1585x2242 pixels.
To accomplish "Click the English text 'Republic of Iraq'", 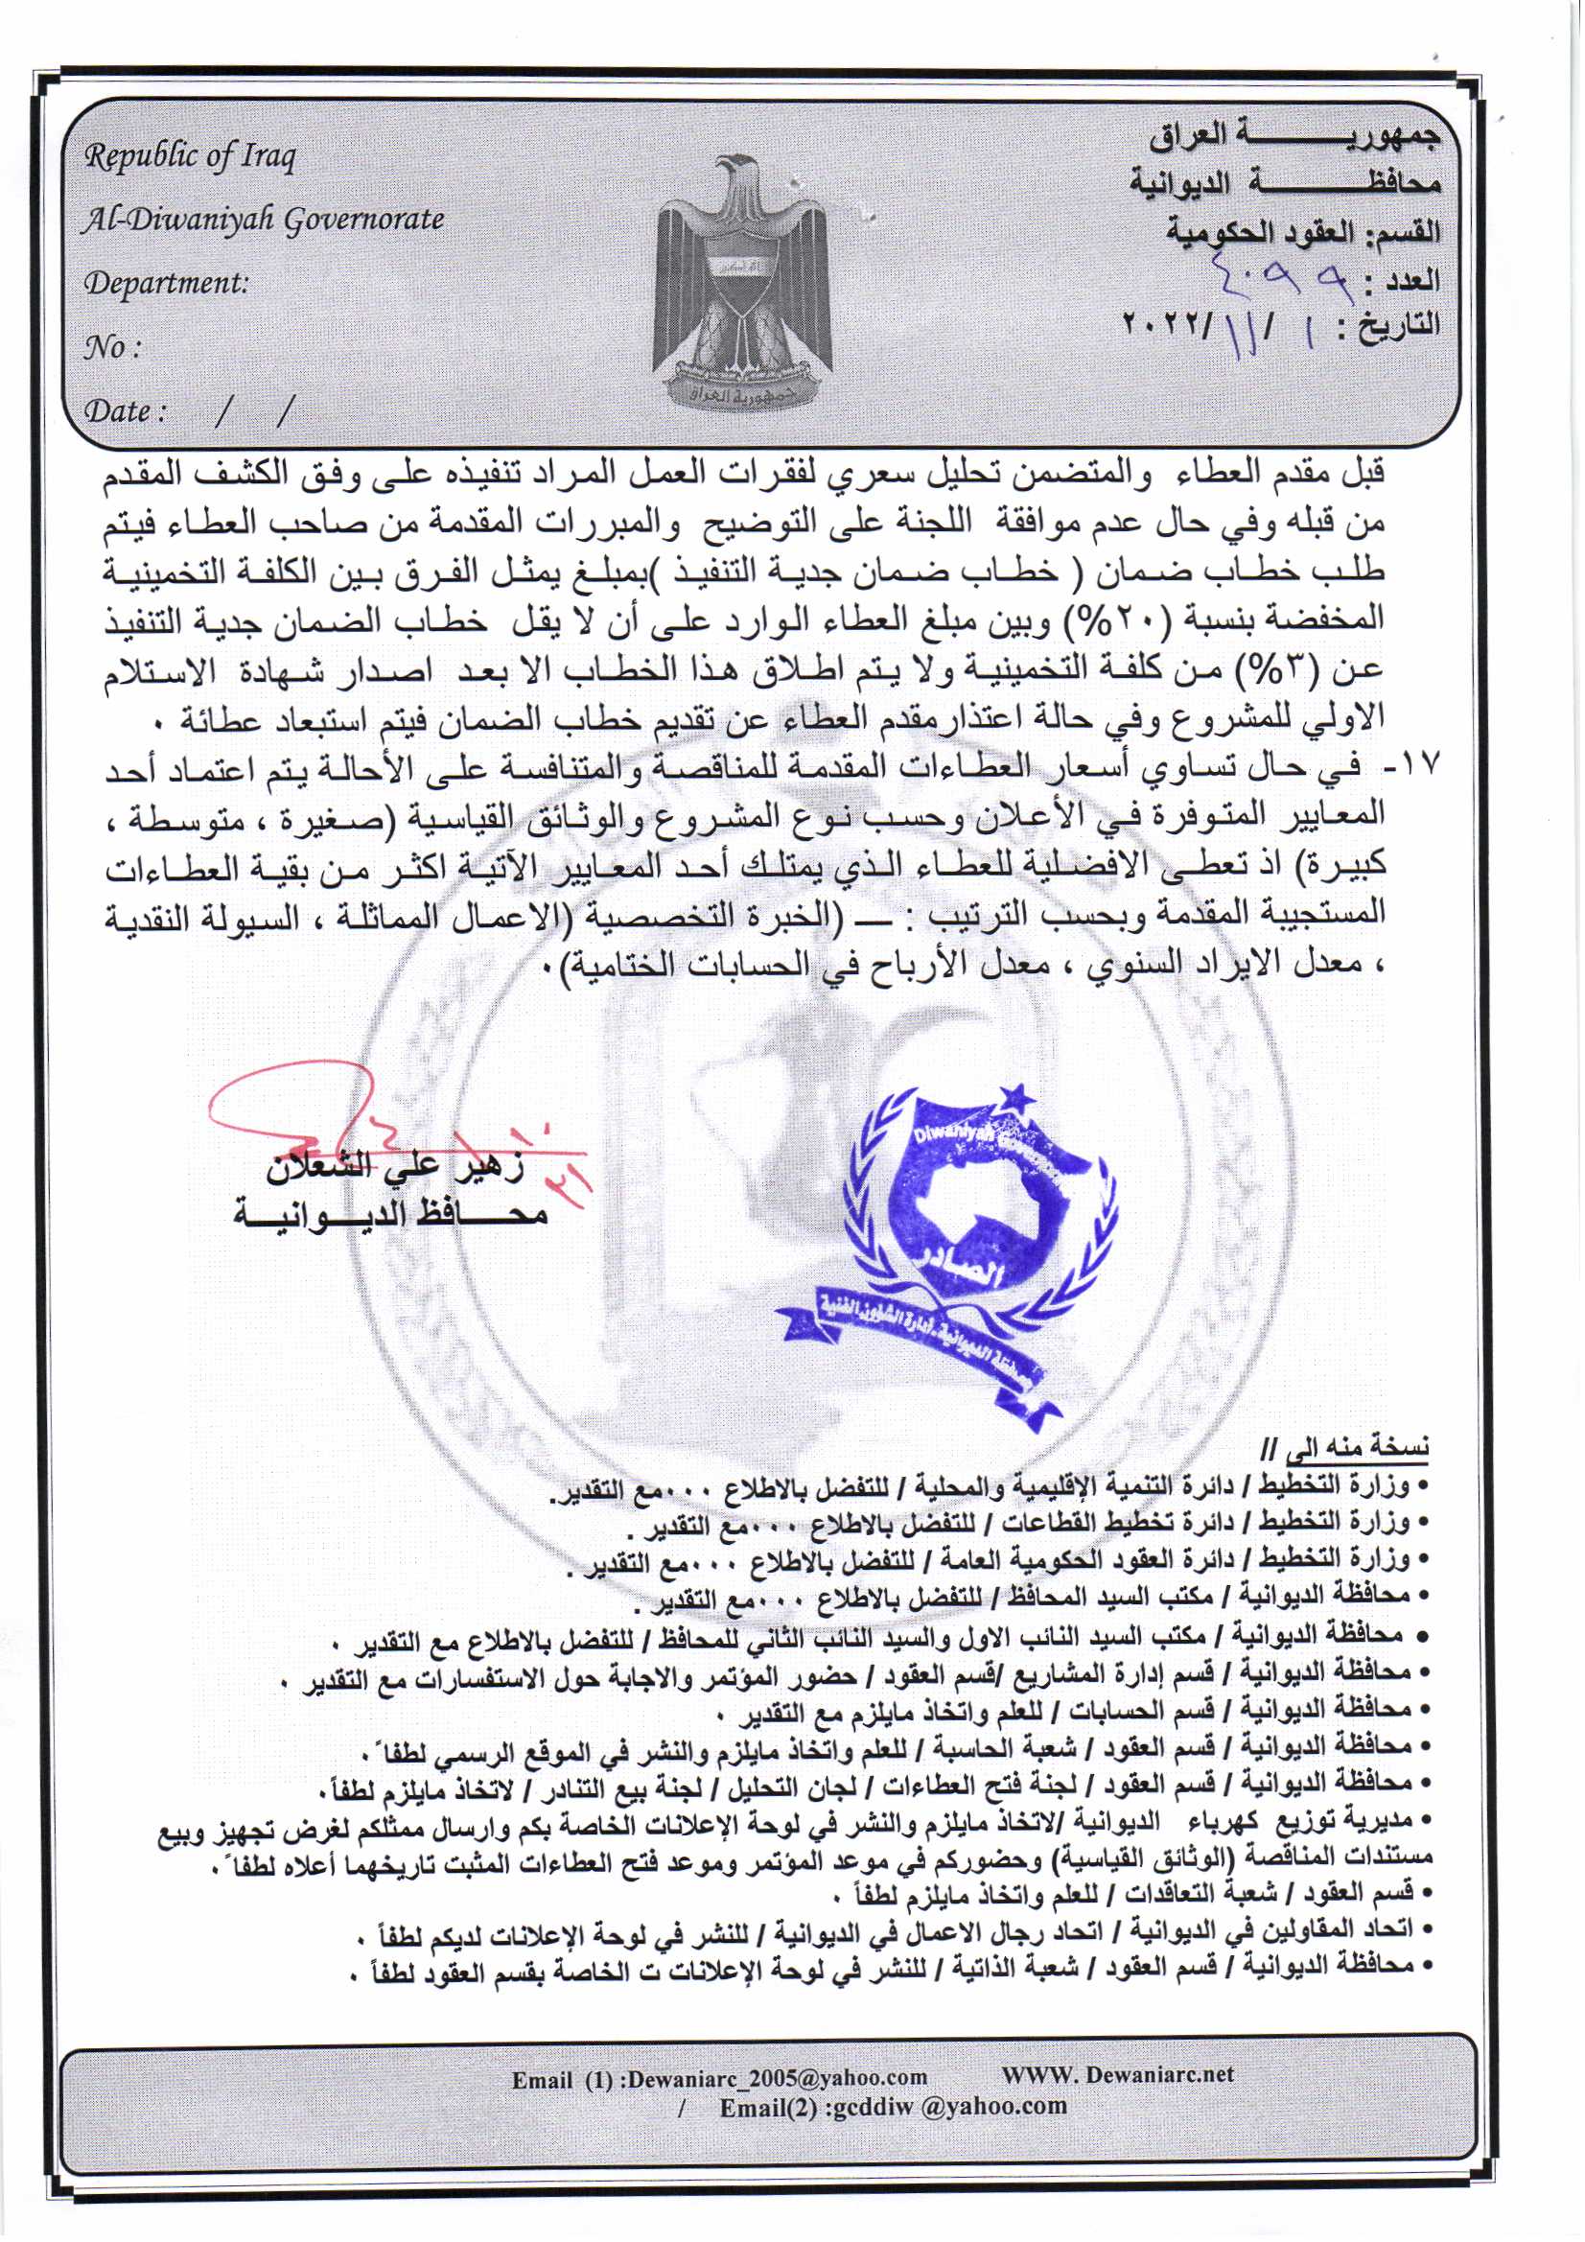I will [x=190, y=156].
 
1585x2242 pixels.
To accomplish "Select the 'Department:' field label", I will [x=166, y=284].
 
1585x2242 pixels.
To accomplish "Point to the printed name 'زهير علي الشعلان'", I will [x=395, y=1167].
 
